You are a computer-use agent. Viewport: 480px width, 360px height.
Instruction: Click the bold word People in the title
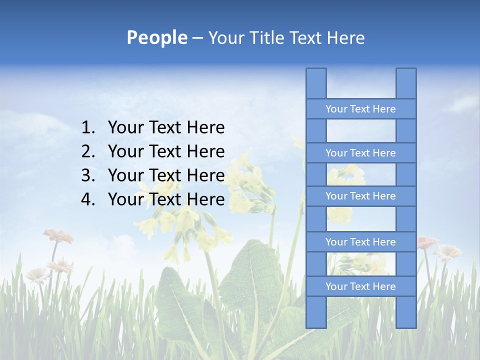pos(156,37)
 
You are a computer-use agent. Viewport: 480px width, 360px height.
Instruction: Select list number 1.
pos(87,128)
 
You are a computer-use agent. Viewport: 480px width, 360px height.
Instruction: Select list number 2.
pos(87,151)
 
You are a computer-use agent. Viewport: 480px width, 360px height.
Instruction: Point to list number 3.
pos(87,175)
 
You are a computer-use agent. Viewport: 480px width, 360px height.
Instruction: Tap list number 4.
pos(87,199)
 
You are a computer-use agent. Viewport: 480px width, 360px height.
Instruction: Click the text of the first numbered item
pos(166,128)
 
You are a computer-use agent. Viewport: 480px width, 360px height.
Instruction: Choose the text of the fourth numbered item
pos(166,199)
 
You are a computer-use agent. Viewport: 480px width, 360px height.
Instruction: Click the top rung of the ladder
pos(360,109)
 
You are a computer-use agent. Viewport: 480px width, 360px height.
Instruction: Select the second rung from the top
pos(360,153)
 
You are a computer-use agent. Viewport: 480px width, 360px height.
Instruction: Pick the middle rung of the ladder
pos(360,196)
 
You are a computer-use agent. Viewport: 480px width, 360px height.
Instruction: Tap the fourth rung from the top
pos(360,242)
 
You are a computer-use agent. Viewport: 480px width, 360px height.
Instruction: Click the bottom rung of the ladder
pos(360,286)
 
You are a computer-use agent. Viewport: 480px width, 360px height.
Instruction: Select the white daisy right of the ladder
pos(448,251)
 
